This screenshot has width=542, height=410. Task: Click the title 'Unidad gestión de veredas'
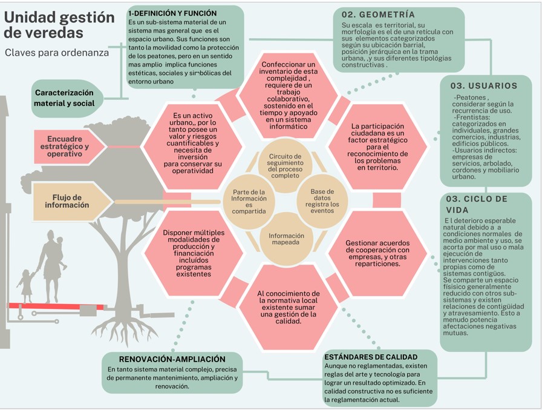[x=59, y=25]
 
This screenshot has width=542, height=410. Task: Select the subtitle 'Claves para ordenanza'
[x=57, y=53]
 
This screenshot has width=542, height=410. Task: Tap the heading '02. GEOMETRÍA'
[x=378, y=14]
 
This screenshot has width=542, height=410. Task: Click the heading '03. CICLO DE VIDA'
[x=477, y=204]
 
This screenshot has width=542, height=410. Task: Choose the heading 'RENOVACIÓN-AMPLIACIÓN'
[x=172, y=359]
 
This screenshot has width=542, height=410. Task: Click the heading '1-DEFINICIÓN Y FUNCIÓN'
[x=172, y=13]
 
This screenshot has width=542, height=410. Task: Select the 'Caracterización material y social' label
[x=64, y=98]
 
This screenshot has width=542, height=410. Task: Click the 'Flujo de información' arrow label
[x=67, y=201]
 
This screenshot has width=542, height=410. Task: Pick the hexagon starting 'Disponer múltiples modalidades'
[x=193, y=253]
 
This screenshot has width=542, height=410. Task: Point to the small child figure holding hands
[x=27, y=285]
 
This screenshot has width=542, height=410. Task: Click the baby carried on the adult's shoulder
[x=59, y=245]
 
